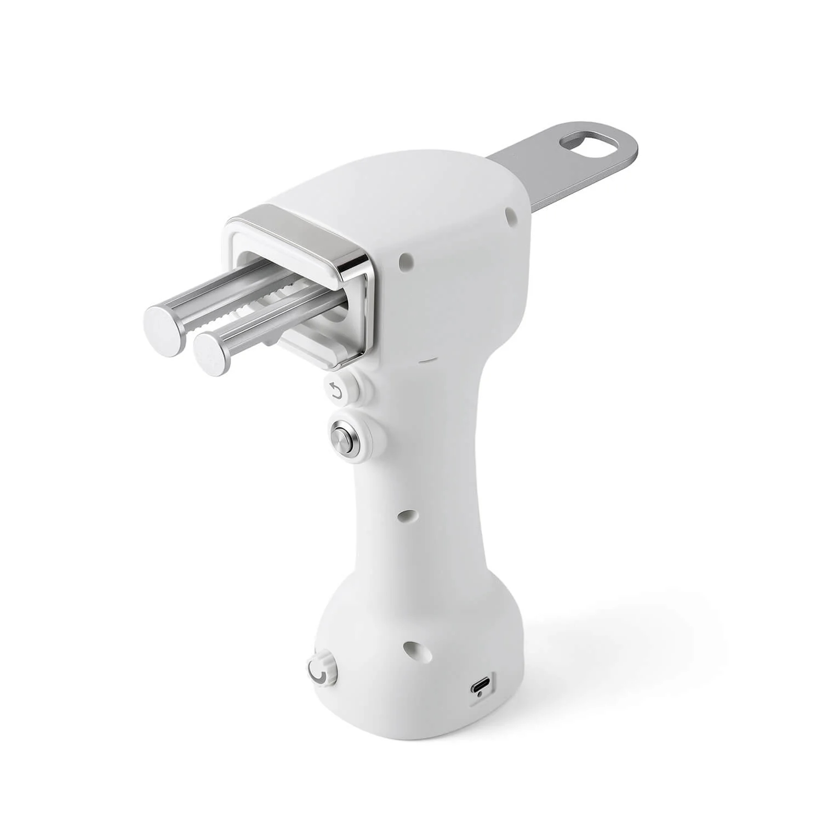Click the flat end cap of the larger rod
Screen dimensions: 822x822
pos(165,332)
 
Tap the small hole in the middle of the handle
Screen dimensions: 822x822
pos(406,516)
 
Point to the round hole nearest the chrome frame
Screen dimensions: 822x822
pos(406,259)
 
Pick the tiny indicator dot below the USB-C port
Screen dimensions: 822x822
pos(481,695)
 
